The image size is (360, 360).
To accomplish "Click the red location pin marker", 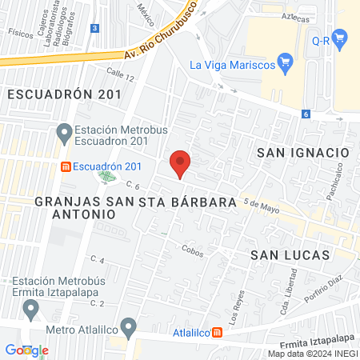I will click(180, 163).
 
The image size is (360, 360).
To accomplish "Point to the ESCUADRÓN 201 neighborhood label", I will click(64, 94).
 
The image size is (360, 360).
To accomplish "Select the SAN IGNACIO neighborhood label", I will click(302, 152).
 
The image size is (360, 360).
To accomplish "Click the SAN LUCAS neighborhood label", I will click(290, 254).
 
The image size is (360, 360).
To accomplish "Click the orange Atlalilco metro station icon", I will click(216, 332).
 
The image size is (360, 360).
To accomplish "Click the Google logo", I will click(26, 350).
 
